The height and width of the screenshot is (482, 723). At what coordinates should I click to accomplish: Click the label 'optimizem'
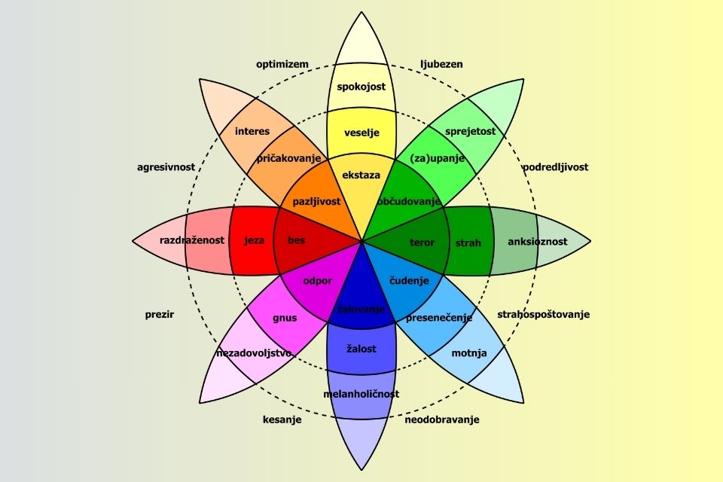(282, 64)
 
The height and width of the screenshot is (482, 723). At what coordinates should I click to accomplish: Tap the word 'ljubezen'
(441, 64)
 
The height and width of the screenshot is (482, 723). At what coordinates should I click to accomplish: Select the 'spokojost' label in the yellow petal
(361, 87)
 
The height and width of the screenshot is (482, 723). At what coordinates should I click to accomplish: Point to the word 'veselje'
(361, 133)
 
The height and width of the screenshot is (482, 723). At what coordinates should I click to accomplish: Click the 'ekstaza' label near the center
(361, 175)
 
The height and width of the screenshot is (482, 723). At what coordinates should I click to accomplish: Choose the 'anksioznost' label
(538, 242)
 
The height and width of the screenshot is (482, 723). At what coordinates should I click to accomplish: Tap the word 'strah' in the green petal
(468, 243)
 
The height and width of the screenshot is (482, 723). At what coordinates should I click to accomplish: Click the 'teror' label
(422, 243)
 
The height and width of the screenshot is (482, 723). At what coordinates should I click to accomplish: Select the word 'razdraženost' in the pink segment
(192, 240)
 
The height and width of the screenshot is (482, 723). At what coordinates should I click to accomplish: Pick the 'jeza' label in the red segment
(255, 241)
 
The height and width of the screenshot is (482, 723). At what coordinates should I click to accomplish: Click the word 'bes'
(297, 241)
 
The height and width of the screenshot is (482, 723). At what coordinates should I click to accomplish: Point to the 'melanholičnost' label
(361, 394)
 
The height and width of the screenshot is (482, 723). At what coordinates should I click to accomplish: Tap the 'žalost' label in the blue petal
(361, 349)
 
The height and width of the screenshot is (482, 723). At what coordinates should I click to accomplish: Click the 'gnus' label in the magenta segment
(285, 318)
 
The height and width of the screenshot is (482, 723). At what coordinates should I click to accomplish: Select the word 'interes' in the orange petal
(252, 131)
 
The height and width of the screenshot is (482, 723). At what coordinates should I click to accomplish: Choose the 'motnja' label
(469, 352)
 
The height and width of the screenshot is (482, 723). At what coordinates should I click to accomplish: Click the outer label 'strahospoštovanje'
(543, 314)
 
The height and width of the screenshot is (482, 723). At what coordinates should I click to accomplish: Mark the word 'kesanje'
(282, 419)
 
